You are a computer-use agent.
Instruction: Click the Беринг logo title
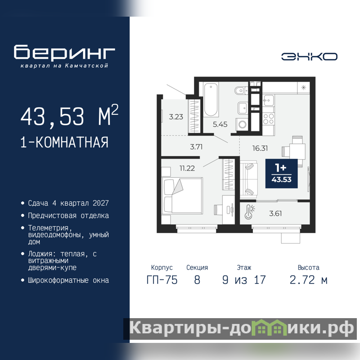(x=64, y=52)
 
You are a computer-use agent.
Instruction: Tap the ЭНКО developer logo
(x=309, y=57)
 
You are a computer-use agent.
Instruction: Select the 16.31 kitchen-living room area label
(x=260, y=148)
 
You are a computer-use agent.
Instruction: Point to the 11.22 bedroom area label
(x=187, y=168)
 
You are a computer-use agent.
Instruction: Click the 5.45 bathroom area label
(x=220, y=125)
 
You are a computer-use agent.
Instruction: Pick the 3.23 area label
(x=176, y=117)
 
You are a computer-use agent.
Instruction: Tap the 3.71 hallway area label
(x=196, y=147)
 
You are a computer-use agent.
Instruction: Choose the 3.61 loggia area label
(x=275, y=213)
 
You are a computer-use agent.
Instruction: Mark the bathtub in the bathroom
(x=211, y=99)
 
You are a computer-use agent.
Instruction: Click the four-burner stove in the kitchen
(x=268, y=119)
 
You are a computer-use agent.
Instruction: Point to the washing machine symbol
(x=242, y=125)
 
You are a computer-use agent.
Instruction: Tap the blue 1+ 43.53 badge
(x=282, y=174)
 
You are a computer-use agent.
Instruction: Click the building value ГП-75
(x=162, y=280)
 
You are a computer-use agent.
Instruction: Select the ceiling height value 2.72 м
(x=308, y=280)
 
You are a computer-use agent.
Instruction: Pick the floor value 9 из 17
(x=244, y=280)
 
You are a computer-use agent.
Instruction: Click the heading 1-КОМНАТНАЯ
(x=64, y=142)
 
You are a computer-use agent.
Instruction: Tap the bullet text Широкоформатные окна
(x=68, y=280)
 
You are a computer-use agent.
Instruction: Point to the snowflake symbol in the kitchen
(x=303, y=87)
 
